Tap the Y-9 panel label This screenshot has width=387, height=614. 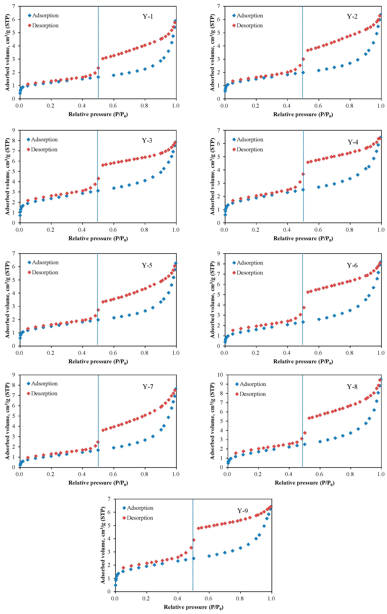tap(242, 511)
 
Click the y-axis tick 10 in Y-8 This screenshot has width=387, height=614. tap(220, 375)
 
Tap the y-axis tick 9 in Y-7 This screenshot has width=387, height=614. tap(13, 375)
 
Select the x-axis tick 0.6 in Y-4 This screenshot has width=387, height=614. tap(318, 230)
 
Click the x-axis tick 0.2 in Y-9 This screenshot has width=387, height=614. tap(146, 598)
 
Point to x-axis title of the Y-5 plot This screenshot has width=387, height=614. tap(98, 362)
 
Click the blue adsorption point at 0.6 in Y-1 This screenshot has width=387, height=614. tap(114, 75)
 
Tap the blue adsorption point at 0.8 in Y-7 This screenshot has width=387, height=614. tap(145, 440)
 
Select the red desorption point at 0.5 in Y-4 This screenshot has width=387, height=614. tap(303, 174)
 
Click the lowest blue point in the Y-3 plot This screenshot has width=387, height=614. tap(20, 215)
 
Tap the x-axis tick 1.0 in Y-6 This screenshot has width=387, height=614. tap(381, 353)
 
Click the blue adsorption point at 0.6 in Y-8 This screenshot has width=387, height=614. tap(320, 442)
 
